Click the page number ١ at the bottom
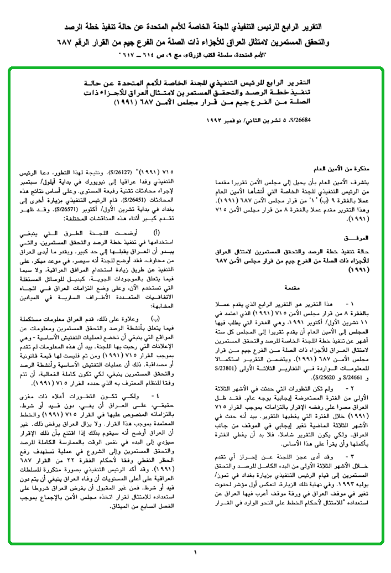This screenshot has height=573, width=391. pyautogui.click(x=195, y=553)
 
